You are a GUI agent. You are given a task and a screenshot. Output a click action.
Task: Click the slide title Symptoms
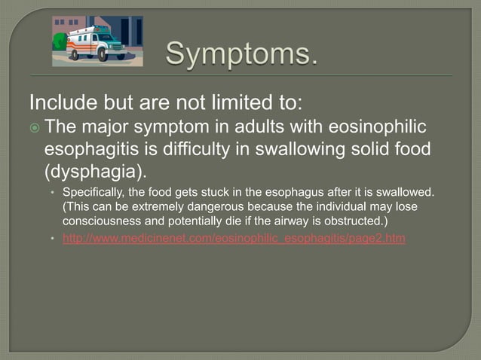[x=241, y=54]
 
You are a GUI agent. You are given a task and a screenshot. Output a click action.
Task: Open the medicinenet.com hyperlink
[x=234, y=239]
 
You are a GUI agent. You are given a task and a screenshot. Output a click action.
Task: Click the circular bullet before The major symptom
[x=35, y=127]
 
